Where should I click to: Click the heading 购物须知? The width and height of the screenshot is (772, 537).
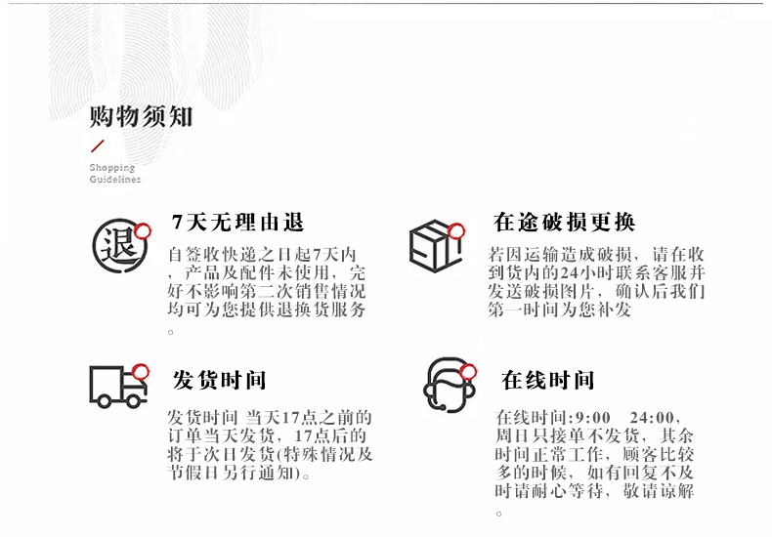[141, 116]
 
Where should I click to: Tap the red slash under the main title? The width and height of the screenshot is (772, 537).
[98, 146]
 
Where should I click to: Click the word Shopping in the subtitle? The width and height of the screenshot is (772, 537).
[111, 168]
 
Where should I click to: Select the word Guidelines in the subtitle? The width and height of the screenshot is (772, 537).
[114, 179]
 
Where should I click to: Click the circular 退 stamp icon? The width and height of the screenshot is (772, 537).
[120, 246]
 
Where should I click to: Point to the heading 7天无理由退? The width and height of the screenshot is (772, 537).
[237, 223]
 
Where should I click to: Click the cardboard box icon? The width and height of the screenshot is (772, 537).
[435, 246]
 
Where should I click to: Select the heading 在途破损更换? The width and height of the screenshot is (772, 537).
[564, 222]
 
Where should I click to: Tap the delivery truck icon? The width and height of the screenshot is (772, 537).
[118, 387]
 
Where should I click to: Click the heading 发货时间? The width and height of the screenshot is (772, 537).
[219, 380]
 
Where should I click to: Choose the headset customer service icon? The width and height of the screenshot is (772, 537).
[449, 384]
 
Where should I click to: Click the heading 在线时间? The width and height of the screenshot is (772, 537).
[547, 380]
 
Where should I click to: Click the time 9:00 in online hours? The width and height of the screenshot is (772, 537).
[593, 418]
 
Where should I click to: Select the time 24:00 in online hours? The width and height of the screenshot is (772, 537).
[652, 418]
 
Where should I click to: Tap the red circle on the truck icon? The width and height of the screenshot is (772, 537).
[141, 371]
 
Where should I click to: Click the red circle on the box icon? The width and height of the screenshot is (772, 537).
[456, 230]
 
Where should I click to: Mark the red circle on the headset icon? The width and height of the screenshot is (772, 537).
[468, 371]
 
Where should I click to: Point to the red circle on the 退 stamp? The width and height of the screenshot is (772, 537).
[143, 230]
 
